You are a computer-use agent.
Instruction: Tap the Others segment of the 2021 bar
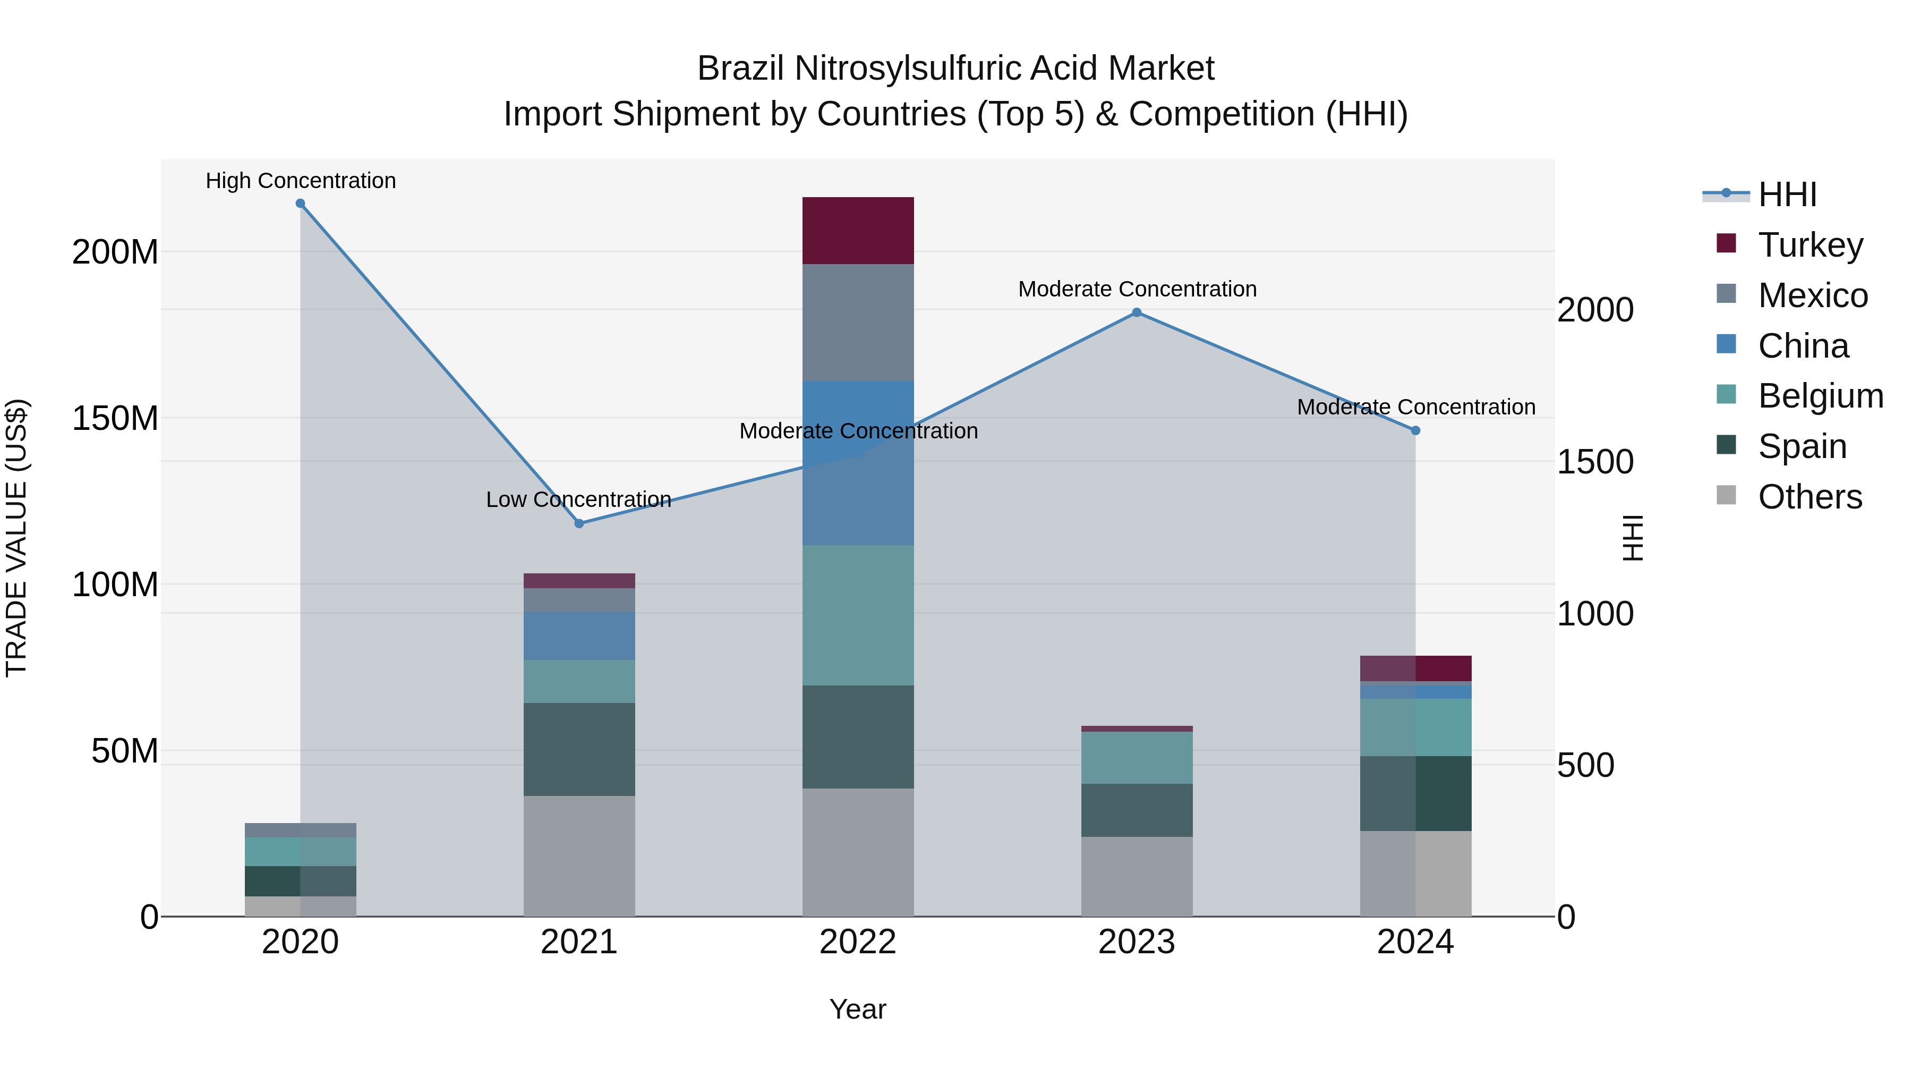pyautogui.click(x=579, y=855)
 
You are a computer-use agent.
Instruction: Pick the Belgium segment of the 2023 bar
pyautogui.click(x=1137, y=757)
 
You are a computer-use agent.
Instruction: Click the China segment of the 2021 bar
pyautogui.click(x=579, y=636)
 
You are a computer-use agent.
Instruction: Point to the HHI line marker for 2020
pyautogui.click(x=301, y=204)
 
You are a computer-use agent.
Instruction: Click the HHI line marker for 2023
pyautogui.click(x=1137, y=312)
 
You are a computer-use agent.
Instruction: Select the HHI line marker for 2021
pyautogui.click(x=579, y=523)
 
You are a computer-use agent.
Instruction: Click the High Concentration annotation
pyautogui.click(x=301, y=181)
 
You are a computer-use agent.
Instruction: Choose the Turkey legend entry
pyautogui.click(x=1809, y=245)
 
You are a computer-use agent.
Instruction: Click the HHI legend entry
pyautogui.click(x=1787, y=194)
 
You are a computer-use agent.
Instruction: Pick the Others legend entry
pyautogui.click(x=1809, y=497)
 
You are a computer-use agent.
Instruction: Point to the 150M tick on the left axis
pyautogui.click(x=115, y=418)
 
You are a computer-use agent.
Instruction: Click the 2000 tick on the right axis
pyautogui.click(x=1594, y=310)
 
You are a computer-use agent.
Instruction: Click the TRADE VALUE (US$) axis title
pyautogui.click(x=16, y=538)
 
